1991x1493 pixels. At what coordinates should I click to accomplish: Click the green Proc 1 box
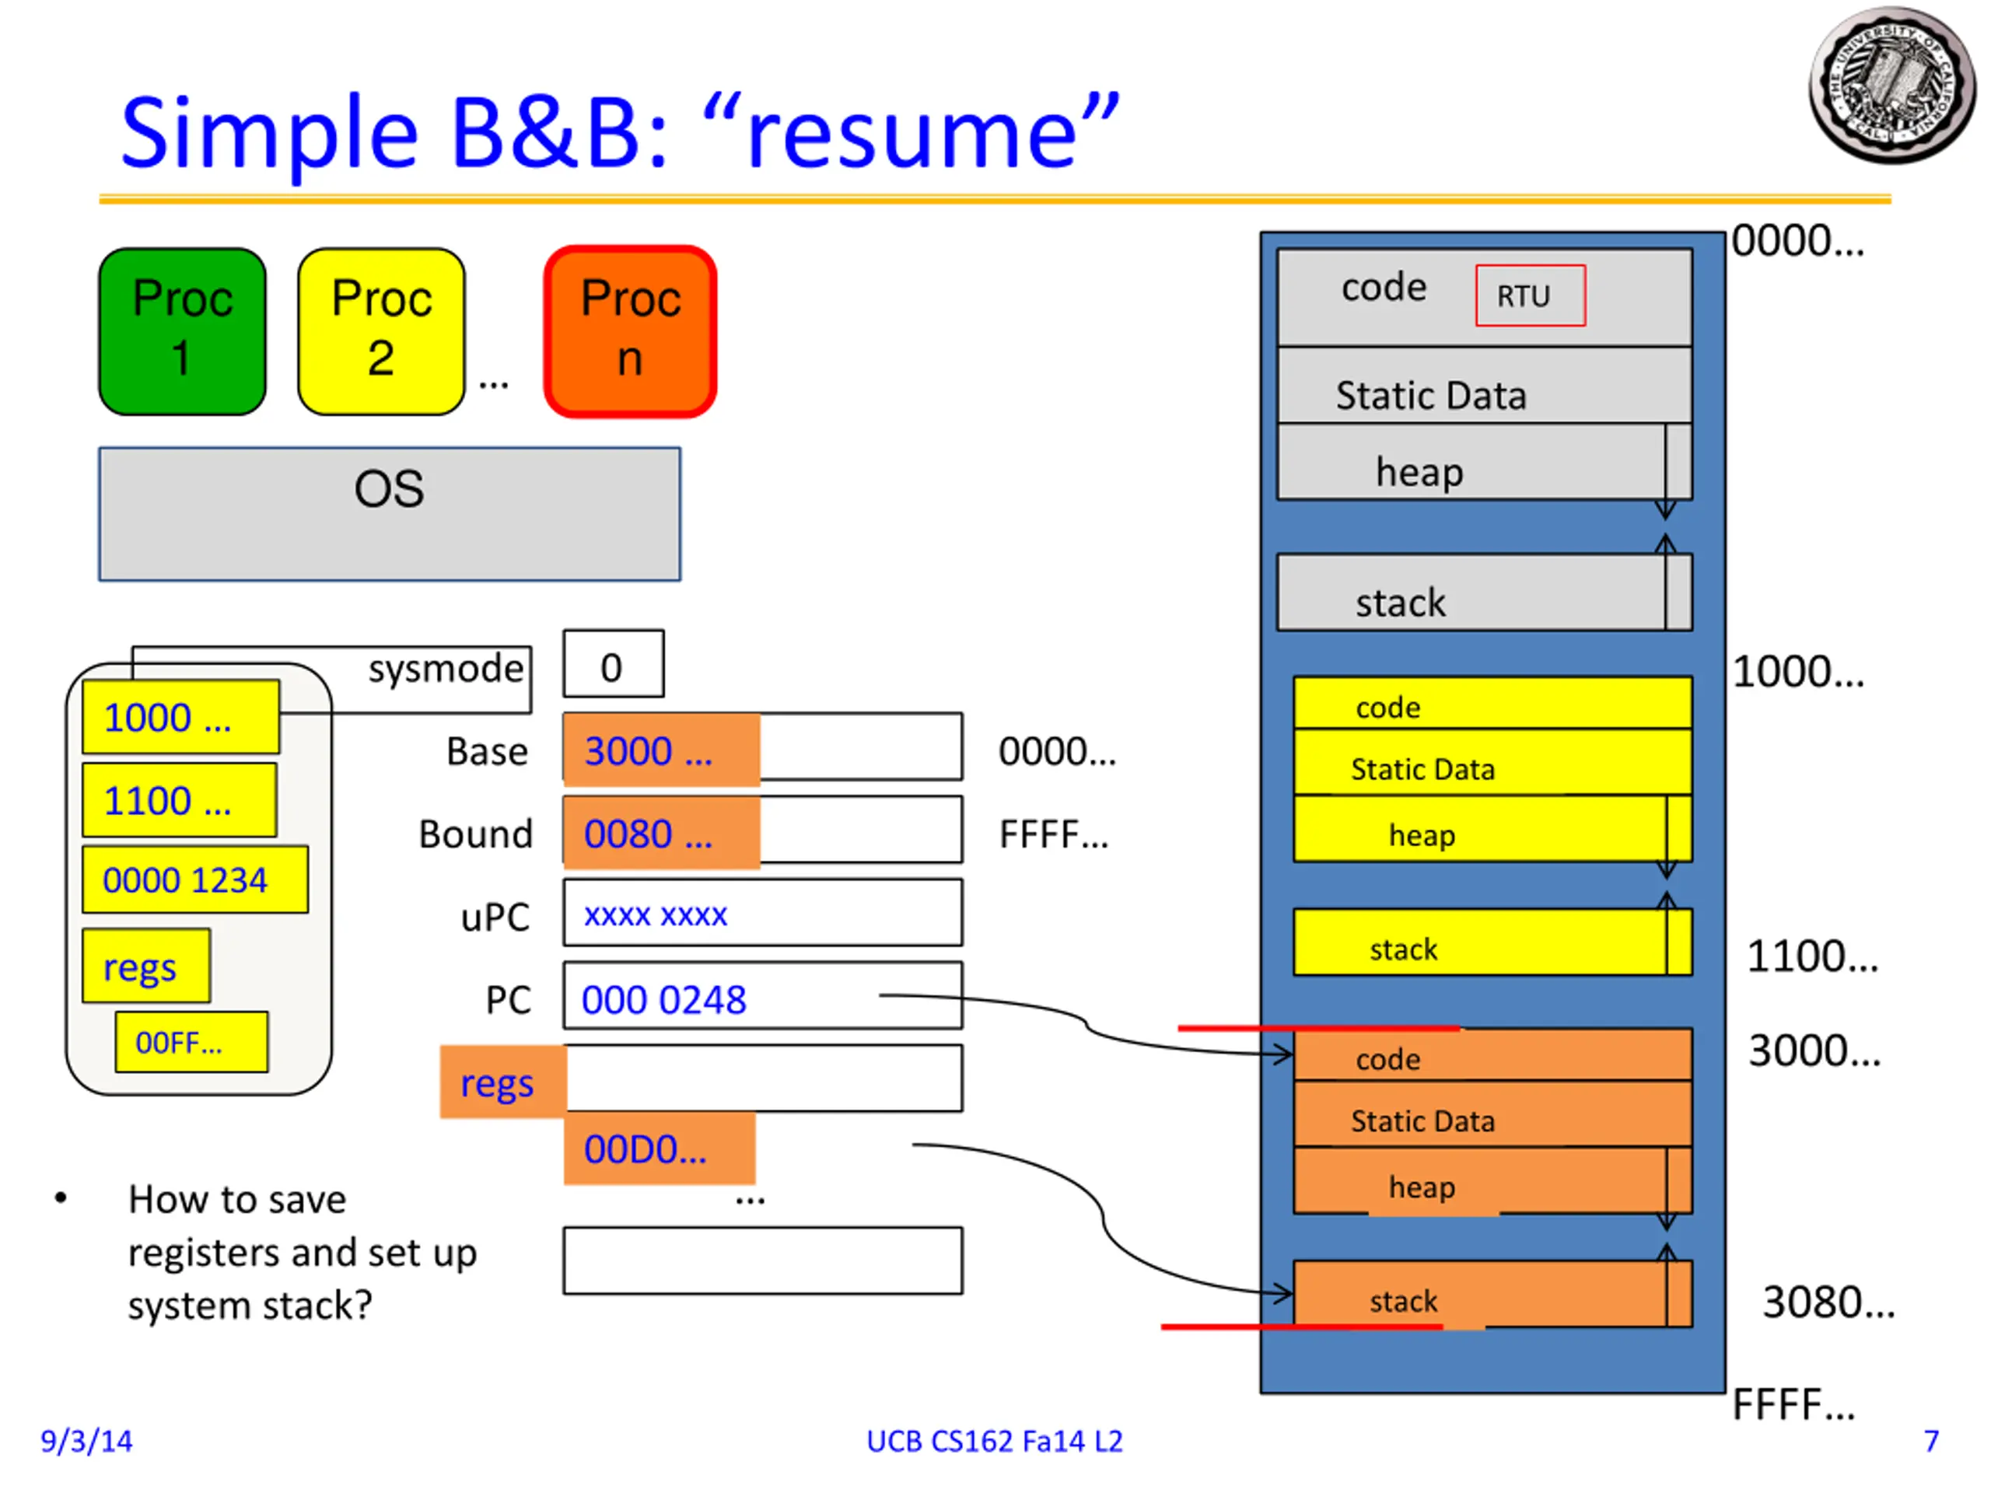(x=182, y=331)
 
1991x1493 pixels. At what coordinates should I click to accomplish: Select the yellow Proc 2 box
(x=381, y=331)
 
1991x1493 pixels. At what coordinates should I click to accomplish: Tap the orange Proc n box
(x=630, y=331)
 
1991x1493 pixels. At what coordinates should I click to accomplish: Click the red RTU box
(x=1529, y=295)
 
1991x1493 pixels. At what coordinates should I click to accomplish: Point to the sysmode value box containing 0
(x=613, y=664)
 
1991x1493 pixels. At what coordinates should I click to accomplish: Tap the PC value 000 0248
(x=664, y=999)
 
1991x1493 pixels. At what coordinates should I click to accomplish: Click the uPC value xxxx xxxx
(x=656, y=914)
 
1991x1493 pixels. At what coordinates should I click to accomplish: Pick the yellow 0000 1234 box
(x=194, y=879)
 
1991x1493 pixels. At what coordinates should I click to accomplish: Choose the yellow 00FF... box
(x=191, y=1042)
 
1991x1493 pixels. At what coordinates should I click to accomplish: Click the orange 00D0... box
(x=659, y=1149)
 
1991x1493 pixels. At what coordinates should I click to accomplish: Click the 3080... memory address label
(x=1827, y=1301)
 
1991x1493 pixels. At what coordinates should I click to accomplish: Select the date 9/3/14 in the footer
(x=86, y=1441)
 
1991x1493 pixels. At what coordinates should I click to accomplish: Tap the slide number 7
(x=1930, y=1441)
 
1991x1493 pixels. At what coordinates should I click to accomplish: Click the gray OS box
(x=389, y=514)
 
